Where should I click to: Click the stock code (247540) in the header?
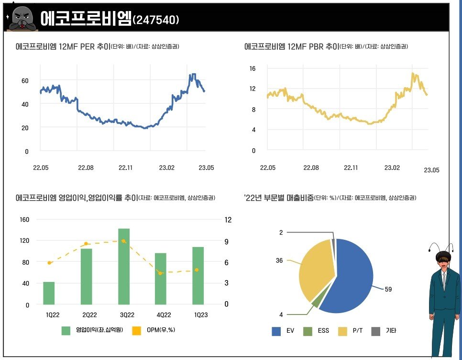(156, 20)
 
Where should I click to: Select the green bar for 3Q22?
(124, 267)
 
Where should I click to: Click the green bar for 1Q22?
(49, 293)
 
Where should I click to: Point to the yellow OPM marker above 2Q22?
(86, 244)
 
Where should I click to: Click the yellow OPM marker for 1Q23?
(196, 270)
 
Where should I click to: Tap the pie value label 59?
(388, 290)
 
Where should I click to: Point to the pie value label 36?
(279, 260)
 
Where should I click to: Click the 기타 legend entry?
(385, 331)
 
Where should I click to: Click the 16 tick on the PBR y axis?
(252, 68)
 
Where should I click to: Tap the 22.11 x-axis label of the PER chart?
(125, 168)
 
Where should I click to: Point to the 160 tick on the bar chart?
(24, 220)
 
